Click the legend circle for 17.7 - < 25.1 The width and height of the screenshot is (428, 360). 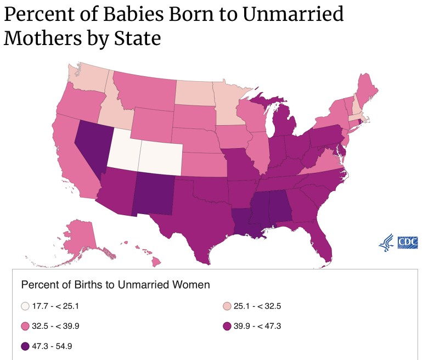point(25,306)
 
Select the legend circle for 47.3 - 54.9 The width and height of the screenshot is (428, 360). point(25,347)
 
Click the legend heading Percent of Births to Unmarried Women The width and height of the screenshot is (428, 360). point(116,285)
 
